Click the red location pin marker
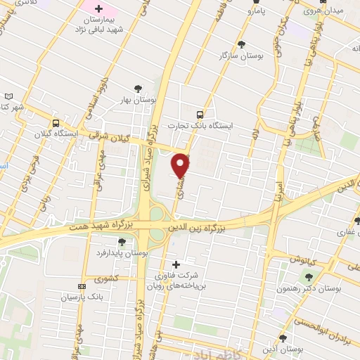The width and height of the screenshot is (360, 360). (181, 165)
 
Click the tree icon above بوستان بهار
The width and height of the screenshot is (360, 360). (138, 88)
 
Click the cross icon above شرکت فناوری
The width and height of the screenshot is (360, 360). (176, 263)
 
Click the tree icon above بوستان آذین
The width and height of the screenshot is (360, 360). (283, 338)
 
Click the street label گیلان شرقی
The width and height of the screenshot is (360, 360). (112, 136)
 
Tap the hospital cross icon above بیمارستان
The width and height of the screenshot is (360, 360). (98, 10)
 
